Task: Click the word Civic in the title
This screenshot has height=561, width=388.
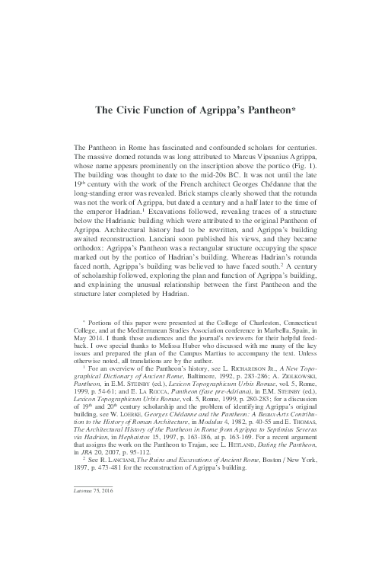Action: click(x=130, y=110)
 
